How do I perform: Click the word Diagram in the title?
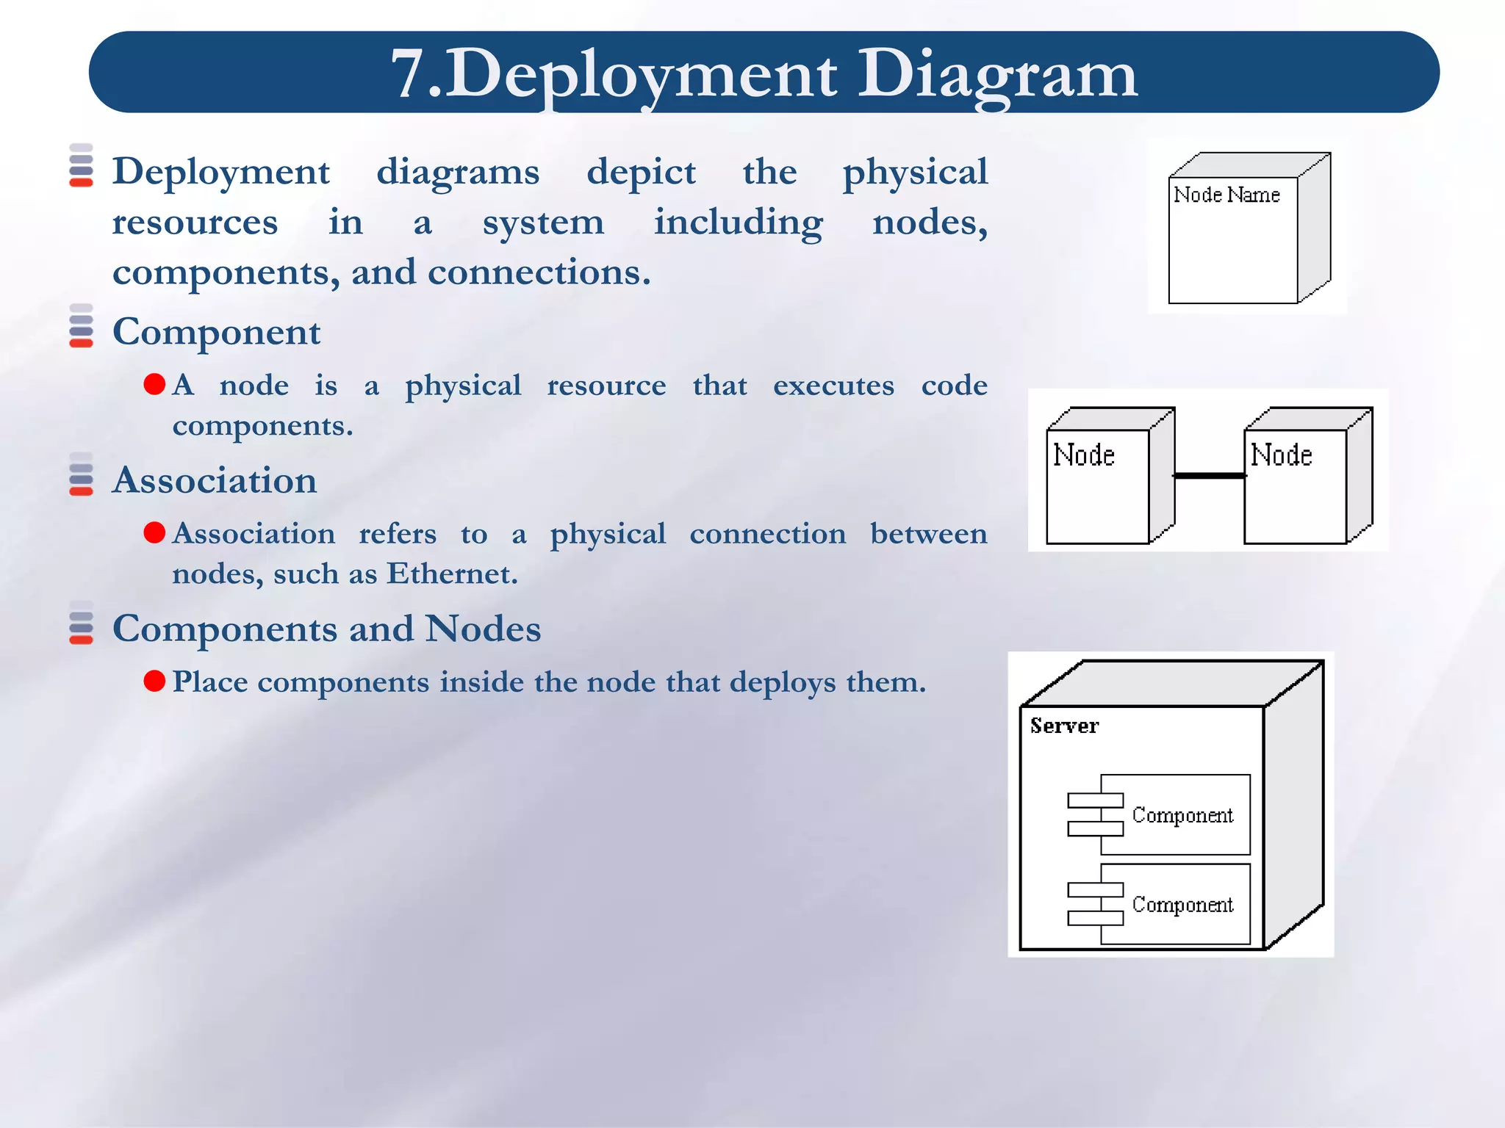click(x=997, y=74)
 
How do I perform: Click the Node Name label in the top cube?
click(x=1226, y=195)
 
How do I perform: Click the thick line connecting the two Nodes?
click(x=1210, y=476)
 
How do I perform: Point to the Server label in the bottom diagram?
click(x=1064, y=726)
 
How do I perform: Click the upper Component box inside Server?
click(x=1174, y=814)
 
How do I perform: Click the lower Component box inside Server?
click(x=1174, y=904)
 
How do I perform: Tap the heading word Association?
click(x=215, y=480)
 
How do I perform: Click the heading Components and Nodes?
click(x=326, y=629)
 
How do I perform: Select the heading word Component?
click(x=216, y=332)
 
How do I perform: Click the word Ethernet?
click(x=452, y=574)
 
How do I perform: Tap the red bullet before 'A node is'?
click(x=154, y=384)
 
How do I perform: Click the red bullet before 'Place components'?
click(x=154, y=681)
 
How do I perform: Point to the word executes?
click(x=833, y=386)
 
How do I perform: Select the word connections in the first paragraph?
click(x=539, y=272)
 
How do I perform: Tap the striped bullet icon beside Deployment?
click(x=81, y=165)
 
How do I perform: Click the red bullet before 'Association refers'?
click(x=154, y=532)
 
